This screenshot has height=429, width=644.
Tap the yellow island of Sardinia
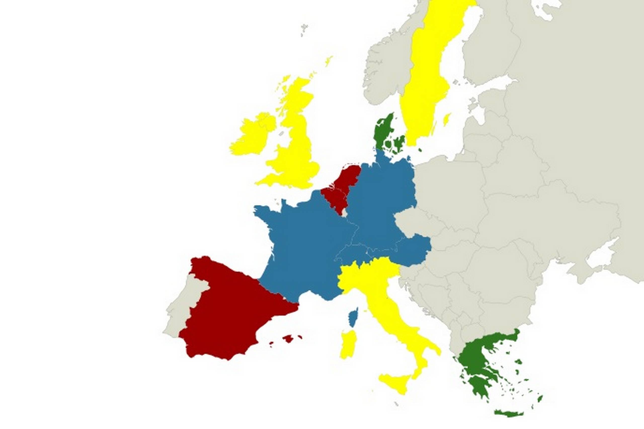348,345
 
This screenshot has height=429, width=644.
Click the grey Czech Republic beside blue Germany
416,222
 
